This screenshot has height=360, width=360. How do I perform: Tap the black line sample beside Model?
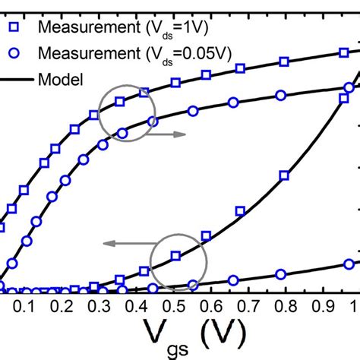coord(11,79)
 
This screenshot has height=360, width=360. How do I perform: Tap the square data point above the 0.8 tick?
coord(284,175)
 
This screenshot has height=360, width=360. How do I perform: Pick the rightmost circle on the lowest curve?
coord(349,263)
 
